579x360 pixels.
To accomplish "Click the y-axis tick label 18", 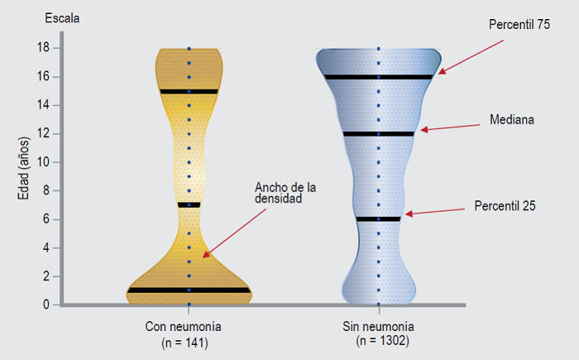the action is click(44, 48).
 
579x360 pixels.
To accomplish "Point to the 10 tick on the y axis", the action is click(44, 162).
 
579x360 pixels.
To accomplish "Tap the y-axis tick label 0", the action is click(46, 305).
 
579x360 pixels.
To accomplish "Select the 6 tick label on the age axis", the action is click(46, 219).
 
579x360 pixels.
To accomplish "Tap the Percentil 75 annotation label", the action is click(519, 26).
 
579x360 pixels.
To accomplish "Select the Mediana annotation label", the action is click(511, 119).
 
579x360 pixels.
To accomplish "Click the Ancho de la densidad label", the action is click(286, 193).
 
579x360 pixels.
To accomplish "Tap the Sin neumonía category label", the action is click(377, 327).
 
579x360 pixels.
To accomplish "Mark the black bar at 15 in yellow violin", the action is click(189, 91).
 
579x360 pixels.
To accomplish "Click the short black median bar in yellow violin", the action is click(189, 204).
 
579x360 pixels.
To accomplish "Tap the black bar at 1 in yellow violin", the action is click(189, 290).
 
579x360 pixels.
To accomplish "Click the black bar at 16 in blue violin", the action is click(378, 77).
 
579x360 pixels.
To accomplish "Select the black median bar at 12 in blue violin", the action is click(378, 134).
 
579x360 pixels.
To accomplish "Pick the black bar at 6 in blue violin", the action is click(378, 219).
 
